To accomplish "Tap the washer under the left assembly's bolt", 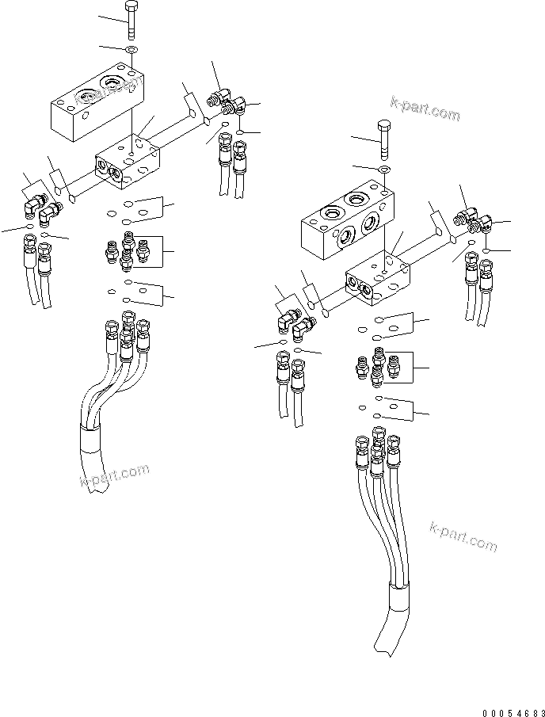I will pyautogui.click(x=131, y=51).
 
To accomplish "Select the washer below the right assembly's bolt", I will pyautogui.click(x=383, y=170).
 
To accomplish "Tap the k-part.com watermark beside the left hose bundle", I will pyautogui.click(x=114, y=475).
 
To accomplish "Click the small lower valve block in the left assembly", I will pyautogui.click(x=128, y=162).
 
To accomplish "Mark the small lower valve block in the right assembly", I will pyautogui.click(x=379, y=280).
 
